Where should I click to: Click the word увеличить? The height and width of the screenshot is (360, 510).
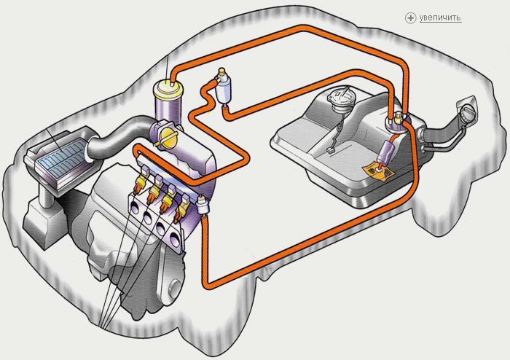tap(440, 17)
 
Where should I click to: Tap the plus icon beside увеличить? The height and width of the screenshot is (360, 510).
tap(410, 17)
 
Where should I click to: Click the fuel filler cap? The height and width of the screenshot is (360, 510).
tap(468, 112)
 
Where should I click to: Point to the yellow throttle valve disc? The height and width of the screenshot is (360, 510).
tap(170, 139)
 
